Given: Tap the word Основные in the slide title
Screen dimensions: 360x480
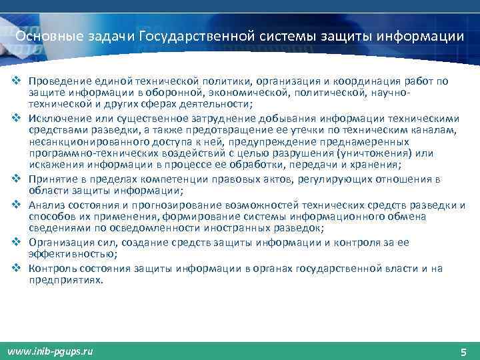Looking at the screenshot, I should [43, 35].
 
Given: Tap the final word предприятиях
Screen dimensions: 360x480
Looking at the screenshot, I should [65, 281].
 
